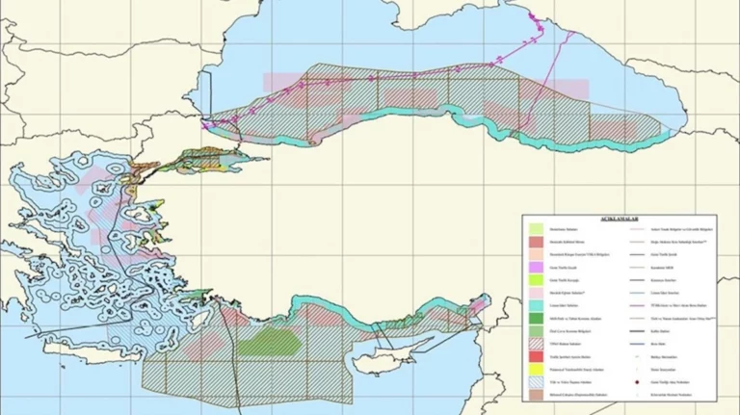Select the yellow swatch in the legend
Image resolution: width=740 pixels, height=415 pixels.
538,369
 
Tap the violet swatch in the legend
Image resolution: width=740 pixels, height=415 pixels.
538,265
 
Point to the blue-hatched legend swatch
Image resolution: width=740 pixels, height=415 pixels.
538,382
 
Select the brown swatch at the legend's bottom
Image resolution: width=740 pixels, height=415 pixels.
538,395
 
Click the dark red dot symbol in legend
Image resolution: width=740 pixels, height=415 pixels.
638,382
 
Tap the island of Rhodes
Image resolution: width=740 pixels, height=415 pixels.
183,304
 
